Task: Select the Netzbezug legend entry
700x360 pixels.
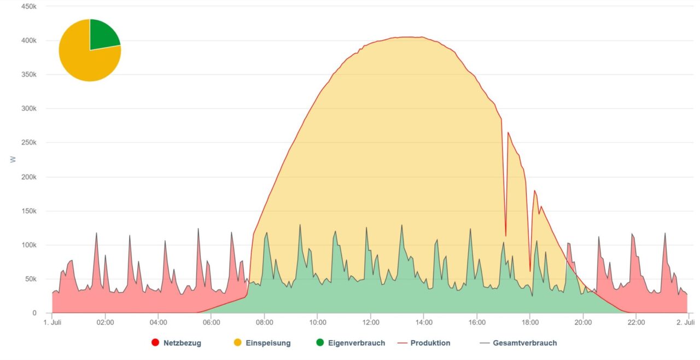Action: tap(182, 343)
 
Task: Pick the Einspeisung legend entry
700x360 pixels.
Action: tap(268, 343)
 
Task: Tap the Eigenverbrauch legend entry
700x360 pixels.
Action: tap(357, 343)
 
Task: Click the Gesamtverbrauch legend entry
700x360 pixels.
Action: tap(524, 343)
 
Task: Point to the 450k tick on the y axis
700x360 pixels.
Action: tap(28, 7)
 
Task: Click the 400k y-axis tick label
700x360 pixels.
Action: tap(28, 40)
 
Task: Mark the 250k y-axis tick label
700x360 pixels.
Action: tap(28, 143)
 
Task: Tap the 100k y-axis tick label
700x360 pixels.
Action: tap(28, 245)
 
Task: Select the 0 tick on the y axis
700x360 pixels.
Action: tap(34, 313)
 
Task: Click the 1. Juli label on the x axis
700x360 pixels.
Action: tap(52, 323)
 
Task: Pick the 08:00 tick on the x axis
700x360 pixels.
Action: tap(265, 323)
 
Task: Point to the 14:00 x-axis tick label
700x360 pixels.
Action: tap(424, 323)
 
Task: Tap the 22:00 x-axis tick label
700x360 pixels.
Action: tap(637, 323)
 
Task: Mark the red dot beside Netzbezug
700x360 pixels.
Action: tap(155, 343)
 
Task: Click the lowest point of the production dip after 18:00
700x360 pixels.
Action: tap(530, 271)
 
